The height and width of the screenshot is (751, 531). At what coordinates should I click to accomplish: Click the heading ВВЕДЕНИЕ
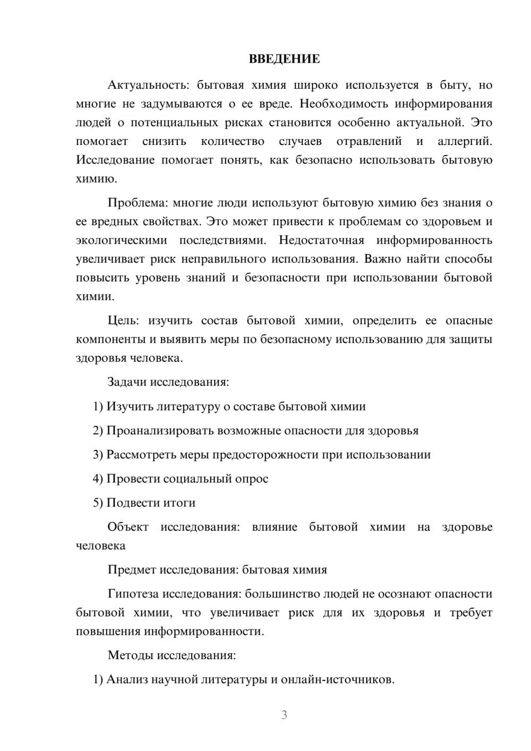pyautogui.click(x=284, y=59)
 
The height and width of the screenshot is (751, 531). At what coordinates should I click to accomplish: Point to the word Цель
pyautogui.click(x=123, y=321)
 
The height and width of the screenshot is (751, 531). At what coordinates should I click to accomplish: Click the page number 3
pyautogui.click(x=284, y=715)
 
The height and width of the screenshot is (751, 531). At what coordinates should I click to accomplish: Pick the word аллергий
pyautogui.click(x=465, y=142)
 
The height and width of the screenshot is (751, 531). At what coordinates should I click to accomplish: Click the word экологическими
pyautogui.click(x=122, y=241)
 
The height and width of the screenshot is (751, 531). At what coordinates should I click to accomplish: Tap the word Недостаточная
pyautogui.click(x=322, y=241)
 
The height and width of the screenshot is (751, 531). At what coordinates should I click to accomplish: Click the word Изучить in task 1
pyautogui.click(x=130, y=407)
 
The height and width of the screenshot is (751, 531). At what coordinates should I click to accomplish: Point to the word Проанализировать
pyautogui.click(x=160, y=431)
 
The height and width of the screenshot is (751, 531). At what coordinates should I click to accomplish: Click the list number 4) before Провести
pyautogui.click(x=98, y=479)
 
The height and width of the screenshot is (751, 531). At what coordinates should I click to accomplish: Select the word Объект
pyautogui.click(x=128, y=527)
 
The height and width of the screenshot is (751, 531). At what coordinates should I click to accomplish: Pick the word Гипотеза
pyautogui.click(x=133, y=594)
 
